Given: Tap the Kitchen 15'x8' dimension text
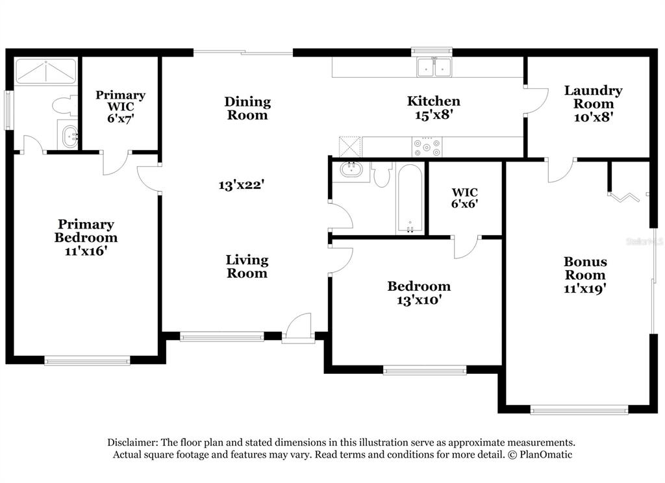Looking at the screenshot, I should click(x=434, y=115).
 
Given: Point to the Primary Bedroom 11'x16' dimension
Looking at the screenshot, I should click(x=86, y=251).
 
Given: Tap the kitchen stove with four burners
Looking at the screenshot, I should click(x=426, y=147).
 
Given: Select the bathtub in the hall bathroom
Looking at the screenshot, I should click(x=410, y=198).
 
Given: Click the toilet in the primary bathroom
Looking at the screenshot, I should click(x=64, y=106).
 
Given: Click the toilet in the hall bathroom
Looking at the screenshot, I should click(x=382, y=173).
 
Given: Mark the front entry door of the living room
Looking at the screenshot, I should click(x=299, y=328).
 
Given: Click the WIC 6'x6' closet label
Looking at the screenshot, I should click(x=465, y=192).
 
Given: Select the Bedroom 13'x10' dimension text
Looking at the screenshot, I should click(x=419, y=300).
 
